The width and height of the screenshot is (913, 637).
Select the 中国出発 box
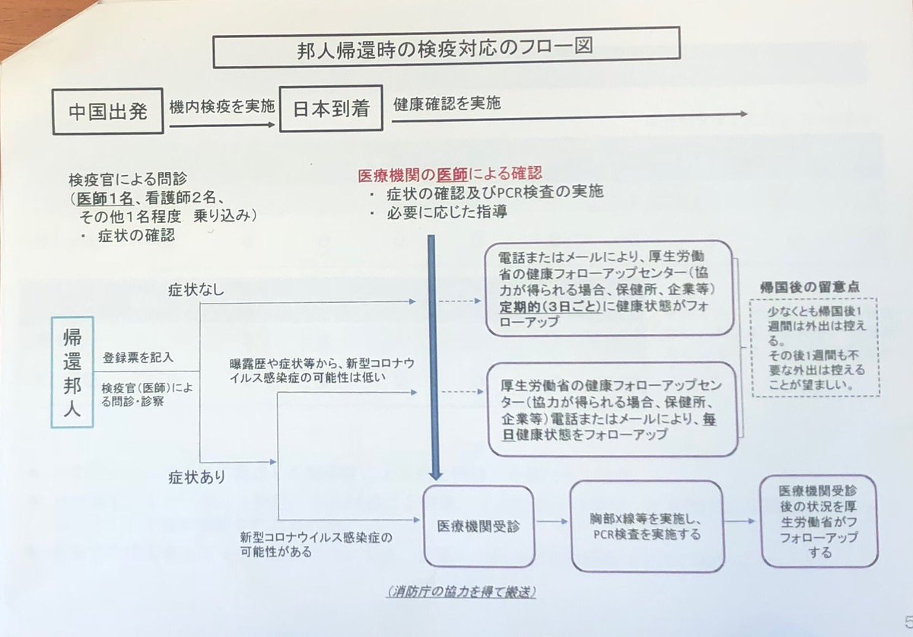(x=108, y=111)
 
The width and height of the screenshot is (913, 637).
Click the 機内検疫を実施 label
(x=221, y=108)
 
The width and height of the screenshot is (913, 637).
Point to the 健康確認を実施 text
(x=447, y=104)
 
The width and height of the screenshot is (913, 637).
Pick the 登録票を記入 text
(x=138, y=356)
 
